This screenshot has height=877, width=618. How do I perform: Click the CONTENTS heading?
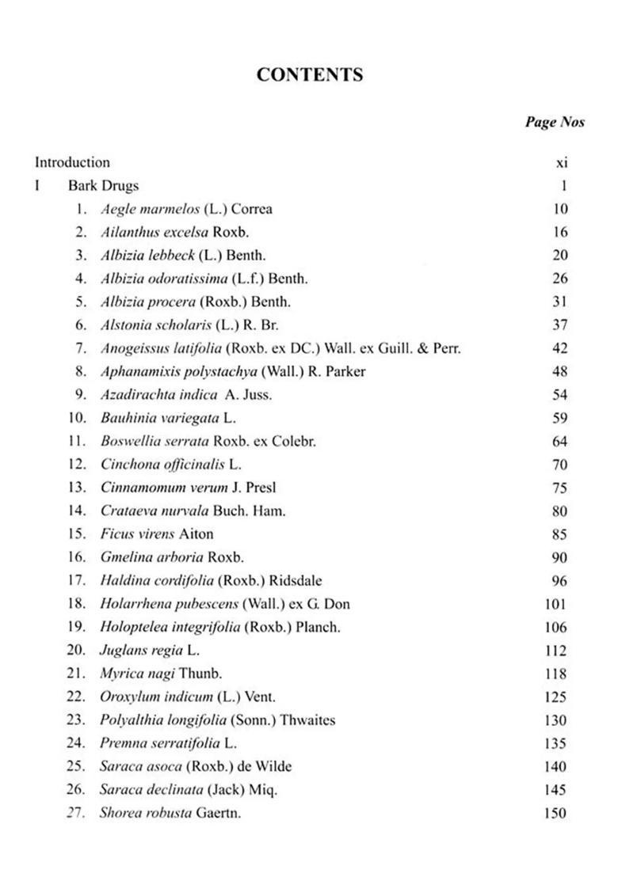click(310, 75)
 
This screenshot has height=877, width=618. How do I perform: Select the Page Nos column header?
click(554, 122)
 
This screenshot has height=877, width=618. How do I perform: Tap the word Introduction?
click(72, 163)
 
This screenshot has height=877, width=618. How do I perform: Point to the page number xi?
click(562, 163)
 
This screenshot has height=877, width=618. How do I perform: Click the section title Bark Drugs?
click(103, 186)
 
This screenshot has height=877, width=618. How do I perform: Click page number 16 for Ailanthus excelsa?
click(559, 233)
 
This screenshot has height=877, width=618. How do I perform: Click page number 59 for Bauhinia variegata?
click(559, 418)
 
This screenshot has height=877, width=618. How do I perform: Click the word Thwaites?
click(307, 720)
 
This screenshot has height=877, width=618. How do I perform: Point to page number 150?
click(555, 813)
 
